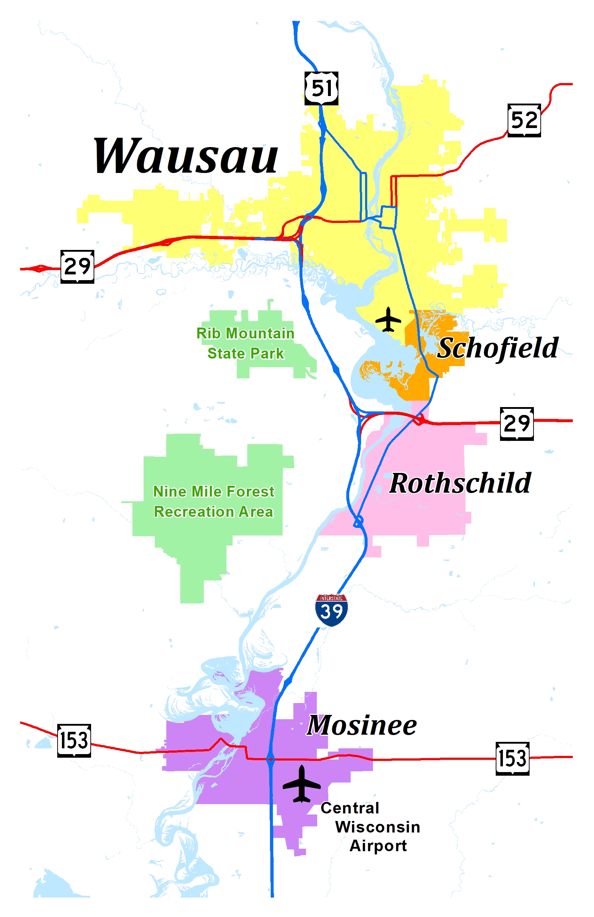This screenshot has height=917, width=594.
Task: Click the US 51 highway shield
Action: coord(321,88)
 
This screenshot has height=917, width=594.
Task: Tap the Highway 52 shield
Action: coord(524,120)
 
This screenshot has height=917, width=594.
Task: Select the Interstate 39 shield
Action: coord(331,610)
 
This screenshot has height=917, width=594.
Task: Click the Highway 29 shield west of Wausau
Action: coord(77,266)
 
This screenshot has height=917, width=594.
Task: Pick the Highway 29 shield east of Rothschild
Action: coord(517,424)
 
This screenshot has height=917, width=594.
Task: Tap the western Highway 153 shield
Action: coord(74,740)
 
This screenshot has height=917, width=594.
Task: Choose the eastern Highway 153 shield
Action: coord(512,758)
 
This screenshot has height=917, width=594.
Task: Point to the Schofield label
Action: coord(498,348)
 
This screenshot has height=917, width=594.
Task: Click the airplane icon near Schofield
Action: coord(388,319)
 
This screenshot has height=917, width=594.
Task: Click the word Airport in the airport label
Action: coord(378,846)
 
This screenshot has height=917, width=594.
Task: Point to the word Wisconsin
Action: coord(378,827)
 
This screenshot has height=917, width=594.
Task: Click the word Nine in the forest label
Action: coord(170,492)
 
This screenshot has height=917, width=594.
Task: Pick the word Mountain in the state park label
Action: coord(260,333)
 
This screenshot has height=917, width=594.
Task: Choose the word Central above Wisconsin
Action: coord(350,808)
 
